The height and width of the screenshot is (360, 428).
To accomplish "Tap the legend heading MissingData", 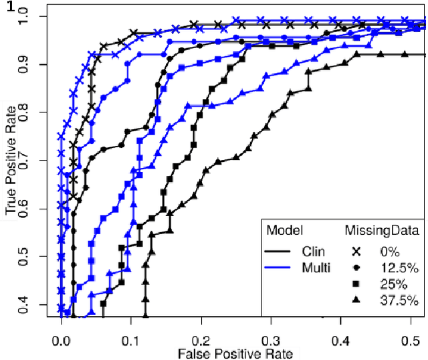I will click(382, 231).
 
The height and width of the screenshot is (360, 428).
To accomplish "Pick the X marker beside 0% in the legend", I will click(356, 252).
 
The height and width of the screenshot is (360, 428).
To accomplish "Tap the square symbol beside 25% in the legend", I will click(356, 285).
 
